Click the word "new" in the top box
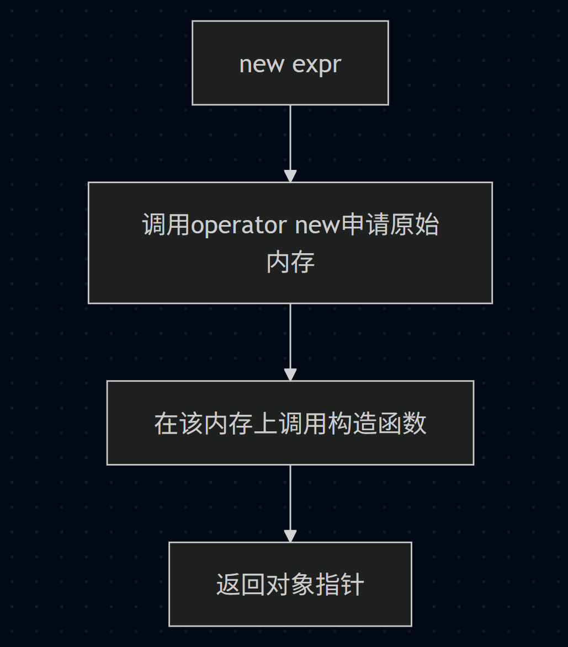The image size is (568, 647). [262, 64]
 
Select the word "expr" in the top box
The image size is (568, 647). [316, 65]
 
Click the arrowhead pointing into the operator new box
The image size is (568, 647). [290, 177]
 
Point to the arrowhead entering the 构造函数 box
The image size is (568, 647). [290, 375]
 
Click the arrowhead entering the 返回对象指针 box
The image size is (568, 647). [290, 536]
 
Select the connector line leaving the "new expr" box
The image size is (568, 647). [290, 138]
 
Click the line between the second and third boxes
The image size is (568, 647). [290, 336]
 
